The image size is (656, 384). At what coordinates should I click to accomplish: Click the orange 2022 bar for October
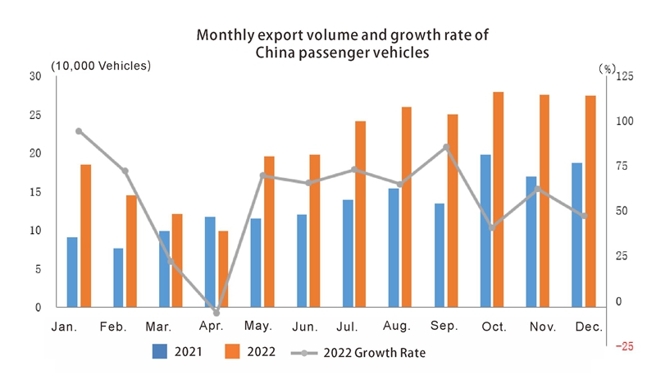(x=499, y=199)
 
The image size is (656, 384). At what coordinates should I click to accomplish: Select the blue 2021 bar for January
(x=72, y=272)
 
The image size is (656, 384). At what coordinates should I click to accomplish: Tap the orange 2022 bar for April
(x=223, y=269)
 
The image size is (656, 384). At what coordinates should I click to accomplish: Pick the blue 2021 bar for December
(x=577, y=235)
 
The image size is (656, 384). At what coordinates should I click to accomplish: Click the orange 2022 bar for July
(x=361, y=214)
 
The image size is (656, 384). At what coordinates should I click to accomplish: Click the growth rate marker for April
(x=216, y=313)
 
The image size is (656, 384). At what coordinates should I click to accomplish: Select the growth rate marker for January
(x=79, y=131)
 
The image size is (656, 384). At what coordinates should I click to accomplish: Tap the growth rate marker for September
(x=446, y=147)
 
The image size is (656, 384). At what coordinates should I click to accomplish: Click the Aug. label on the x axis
(x=397, y=327)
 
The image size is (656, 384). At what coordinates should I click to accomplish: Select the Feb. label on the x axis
(x=113, y=327)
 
